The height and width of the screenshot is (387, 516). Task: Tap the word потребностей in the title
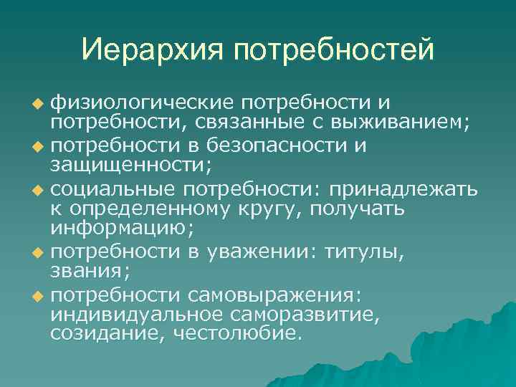[x=333, y=50]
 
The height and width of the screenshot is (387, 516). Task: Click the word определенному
[x=151, y=209]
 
